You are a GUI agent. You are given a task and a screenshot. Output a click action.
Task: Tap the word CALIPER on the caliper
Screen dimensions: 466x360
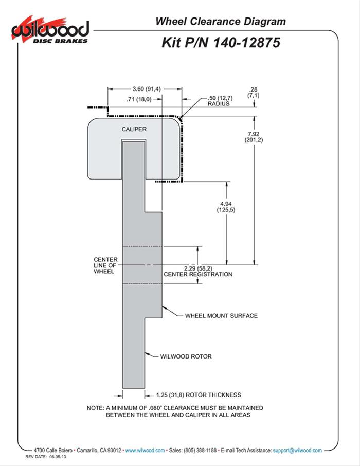coord(135,130)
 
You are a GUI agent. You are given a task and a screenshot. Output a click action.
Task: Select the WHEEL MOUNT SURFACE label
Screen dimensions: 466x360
coord(221,315)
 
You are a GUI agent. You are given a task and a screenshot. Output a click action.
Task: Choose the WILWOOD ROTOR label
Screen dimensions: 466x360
coord(186,355)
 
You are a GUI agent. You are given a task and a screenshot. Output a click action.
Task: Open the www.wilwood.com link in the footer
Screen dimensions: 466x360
coord(145,450)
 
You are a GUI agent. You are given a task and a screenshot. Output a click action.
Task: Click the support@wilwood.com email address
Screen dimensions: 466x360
coord(297,450)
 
